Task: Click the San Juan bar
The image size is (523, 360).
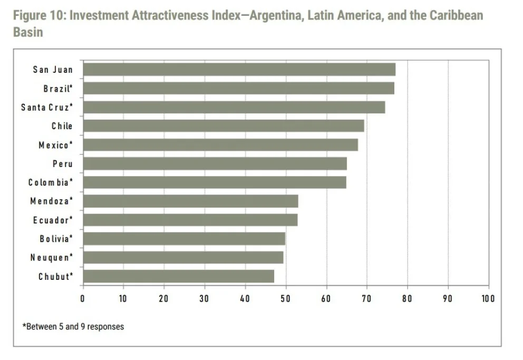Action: pos(239,69)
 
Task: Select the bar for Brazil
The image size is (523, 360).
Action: pos(238,88)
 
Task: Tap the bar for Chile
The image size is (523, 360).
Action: pos(224,126)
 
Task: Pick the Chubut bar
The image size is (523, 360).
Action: pos(178,276)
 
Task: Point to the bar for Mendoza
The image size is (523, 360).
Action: pos(190,201)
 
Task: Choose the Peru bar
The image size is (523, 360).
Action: pos(215,163)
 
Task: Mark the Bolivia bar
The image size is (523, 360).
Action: pos(184,239)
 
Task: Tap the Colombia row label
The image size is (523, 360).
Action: pos(51,182)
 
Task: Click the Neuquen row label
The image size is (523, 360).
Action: pos(52,258)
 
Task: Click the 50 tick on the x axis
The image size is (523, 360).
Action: pos(286,299)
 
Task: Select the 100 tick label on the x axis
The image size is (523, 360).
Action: pos(488,299)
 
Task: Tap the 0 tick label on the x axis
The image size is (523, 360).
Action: pos(83,299)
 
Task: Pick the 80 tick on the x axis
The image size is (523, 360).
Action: pos(407,299)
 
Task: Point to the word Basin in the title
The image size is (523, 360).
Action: pos(28,32)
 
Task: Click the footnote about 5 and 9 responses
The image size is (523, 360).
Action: pos(73,327)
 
